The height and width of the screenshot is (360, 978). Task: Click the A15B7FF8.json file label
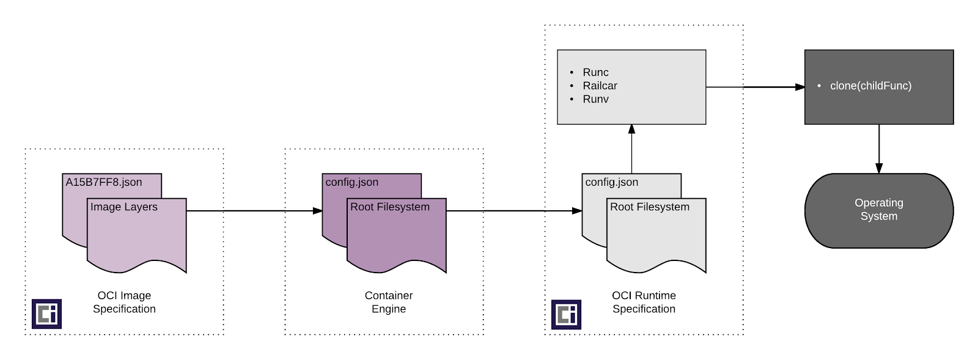[x=104, y=182]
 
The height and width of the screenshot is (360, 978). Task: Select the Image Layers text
[x=124, y=207]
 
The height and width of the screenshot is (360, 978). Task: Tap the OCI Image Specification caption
[x=124, y=302]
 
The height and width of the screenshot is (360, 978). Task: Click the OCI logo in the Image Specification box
[x=47, y=314]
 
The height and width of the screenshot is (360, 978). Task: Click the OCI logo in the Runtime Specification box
[x=566, y=314]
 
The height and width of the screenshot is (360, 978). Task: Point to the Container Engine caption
[x=389, y=302]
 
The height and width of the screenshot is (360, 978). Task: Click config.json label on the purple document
[x=352, y=182]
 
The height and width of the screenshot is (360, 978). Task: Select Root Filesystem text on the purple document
[x=390, y=207]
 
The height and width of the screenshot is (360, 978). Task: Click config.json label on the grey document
[x=612, y=182]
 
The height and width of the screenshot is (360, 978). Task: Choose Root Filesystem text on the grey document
[x=650, y=207]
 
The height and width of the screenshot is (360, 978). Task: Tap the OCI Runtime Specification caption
[x=644, y=302]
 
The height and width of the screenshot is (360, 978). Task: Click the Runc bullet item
[x=595, y=72]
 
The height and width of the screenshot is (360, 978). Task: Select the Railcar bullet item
[x=600, y=86]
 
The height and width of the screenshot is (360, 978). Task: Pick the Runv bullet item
[x=595, y=99]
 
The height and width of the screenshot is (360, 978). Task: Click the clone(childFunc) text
[x=870, y=86]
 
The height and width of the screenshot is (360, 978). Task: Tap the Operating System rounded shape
[x=879, y=210]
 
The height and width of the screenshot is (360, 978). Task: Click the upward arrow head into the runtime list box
[x=631, y=129]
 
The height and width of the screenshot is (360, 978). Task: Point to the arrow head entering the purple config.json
[x=318, y=211]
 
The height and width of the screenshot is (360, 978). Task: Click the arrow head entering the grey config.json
[x=577, y=211]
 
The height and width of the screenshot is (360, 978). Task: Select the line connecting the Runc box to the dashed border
[x=724, y=87]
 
